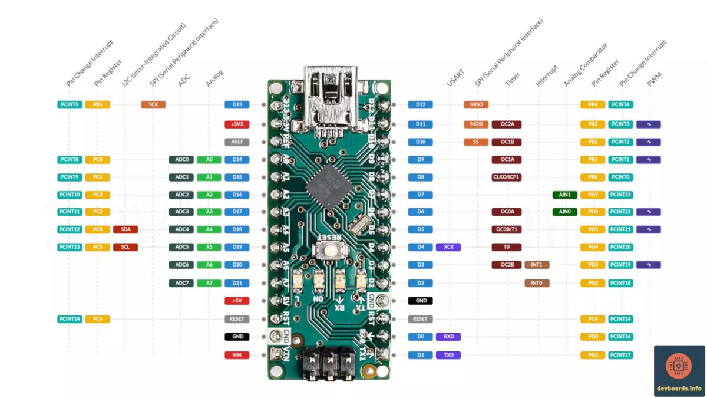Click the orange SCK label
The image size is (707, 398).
[153, 104]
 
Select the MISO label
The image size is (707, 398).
[475, 104]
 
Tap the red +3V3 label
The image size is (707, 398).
[237, 124]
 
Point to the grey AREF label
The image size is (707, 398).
[237, 142]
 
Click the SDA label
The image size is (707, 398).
[125, 229]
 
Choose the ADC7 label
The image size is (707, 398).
[181, 283]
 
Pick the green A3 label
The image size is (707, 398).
[209, 212]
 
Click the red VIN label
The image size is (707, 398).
[237, 355]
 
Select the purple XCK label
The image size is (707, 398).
[448, 247]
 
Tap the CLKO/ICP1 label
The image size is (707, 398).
[507, 177]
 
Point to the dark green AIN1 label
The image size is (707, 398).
[564, 195]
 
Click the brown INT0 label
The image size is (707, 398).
[537, 283]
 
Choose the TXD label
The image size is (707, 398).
[448, 355]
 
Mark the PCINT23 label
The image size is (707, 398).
[620, 195]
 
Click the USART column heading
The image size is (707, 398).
[455, 78]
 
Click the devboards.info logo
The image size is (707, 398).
[679, 370]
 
